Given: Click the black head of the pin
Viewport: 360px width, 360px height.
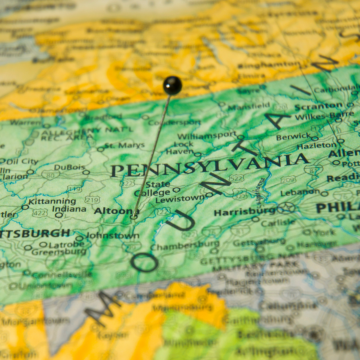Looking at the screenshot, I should click(x=172, y=85).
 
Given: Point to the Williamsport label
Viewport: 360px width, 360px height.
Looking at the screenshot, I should click(x=207, y=136).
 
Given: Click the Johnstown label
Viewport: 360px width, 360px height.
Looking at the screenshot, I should click(x=113, y=236).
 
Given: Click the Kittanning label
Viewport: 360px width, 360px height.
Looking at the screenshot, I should click(x=52, y=201).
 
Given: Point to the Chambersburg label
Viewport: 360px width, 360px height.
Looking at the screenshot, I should click(x=185, y=247).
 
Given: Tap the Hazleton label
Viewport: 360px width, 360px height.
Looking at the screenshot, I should click(x=316, y=146).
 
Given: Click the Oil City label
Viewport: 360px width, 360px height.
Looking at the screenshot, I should click(x=22, y=161).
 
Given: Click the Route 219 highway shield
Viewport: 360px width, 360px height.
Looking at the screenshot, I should click(x=92, y=200).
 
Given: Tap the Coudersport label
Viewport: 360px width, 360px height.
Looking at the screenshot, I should click(x=174, y=122).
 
